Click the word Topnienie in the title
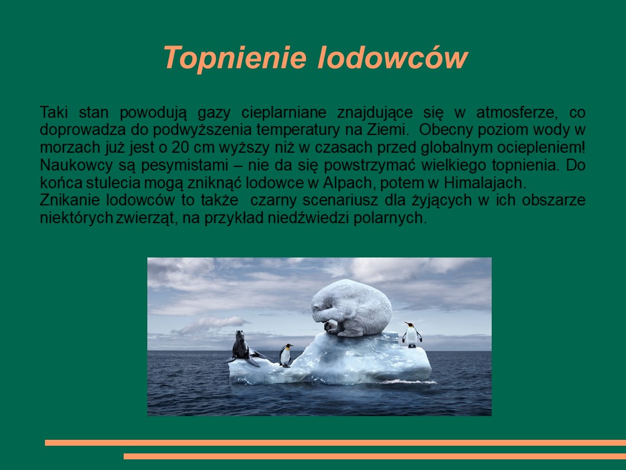point(235,58)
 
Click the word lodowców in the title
point(392,57)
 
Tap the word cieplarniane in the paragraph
point(284,113)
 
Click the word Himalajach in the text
point(485,183)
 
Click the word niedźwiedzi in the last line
point(308,218)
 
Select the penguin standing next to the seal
point(285,355)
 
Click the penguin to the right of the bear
point(411,334)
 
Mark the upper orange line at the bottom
point(335,442)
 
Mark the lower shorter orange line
point(375,456)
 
